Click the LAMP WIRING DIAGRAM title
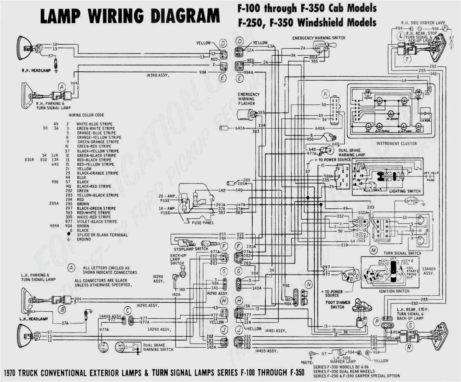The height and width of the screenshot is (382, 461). [130, 16]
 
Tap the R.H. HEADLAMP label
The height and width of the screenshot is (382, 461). [36, 71]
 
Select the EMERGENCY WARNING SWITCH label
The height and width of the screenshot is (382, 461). [319, 38]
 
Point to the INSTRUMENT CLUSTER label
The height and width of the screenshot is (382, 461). [396, 144]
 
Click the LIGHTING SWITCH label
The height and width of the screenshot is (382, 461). [405, 191]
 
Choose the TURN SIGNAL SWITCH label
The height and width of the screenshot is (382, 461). [402, 253]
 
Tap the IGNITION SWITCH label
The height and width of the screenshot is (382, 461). [394, 291]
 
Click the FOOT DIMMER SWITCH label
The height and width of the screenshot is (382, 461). [338, 305]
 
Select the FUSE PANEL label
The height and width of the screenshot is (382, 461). [203, 223]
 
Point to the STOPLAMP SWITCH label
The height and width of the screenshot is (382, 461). [191, 249]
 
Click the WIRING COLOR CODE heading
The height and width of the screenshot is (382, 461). [86, 115]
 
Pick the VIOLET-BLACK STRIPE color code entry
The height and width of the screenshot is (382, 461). [97, 222]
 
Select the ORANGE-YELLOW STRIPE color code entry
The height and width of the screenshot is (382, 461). [99, 138]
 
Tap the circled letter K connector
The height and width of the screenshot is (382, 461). [325, 94]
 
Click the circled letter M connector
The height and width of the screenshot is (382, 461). [373, 250]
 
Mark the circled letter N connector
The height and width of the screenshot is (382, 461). [309, 285]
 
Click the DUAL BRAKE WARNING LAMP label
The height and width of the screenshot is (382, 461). [351, 152]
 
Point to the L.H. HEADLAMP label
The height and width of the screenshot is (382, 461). [34, 319]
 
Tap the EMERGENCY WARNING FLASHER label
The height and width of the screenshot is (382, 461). [248, 99]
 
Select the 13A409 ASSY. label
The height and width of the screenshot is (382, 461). [428, 271]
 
